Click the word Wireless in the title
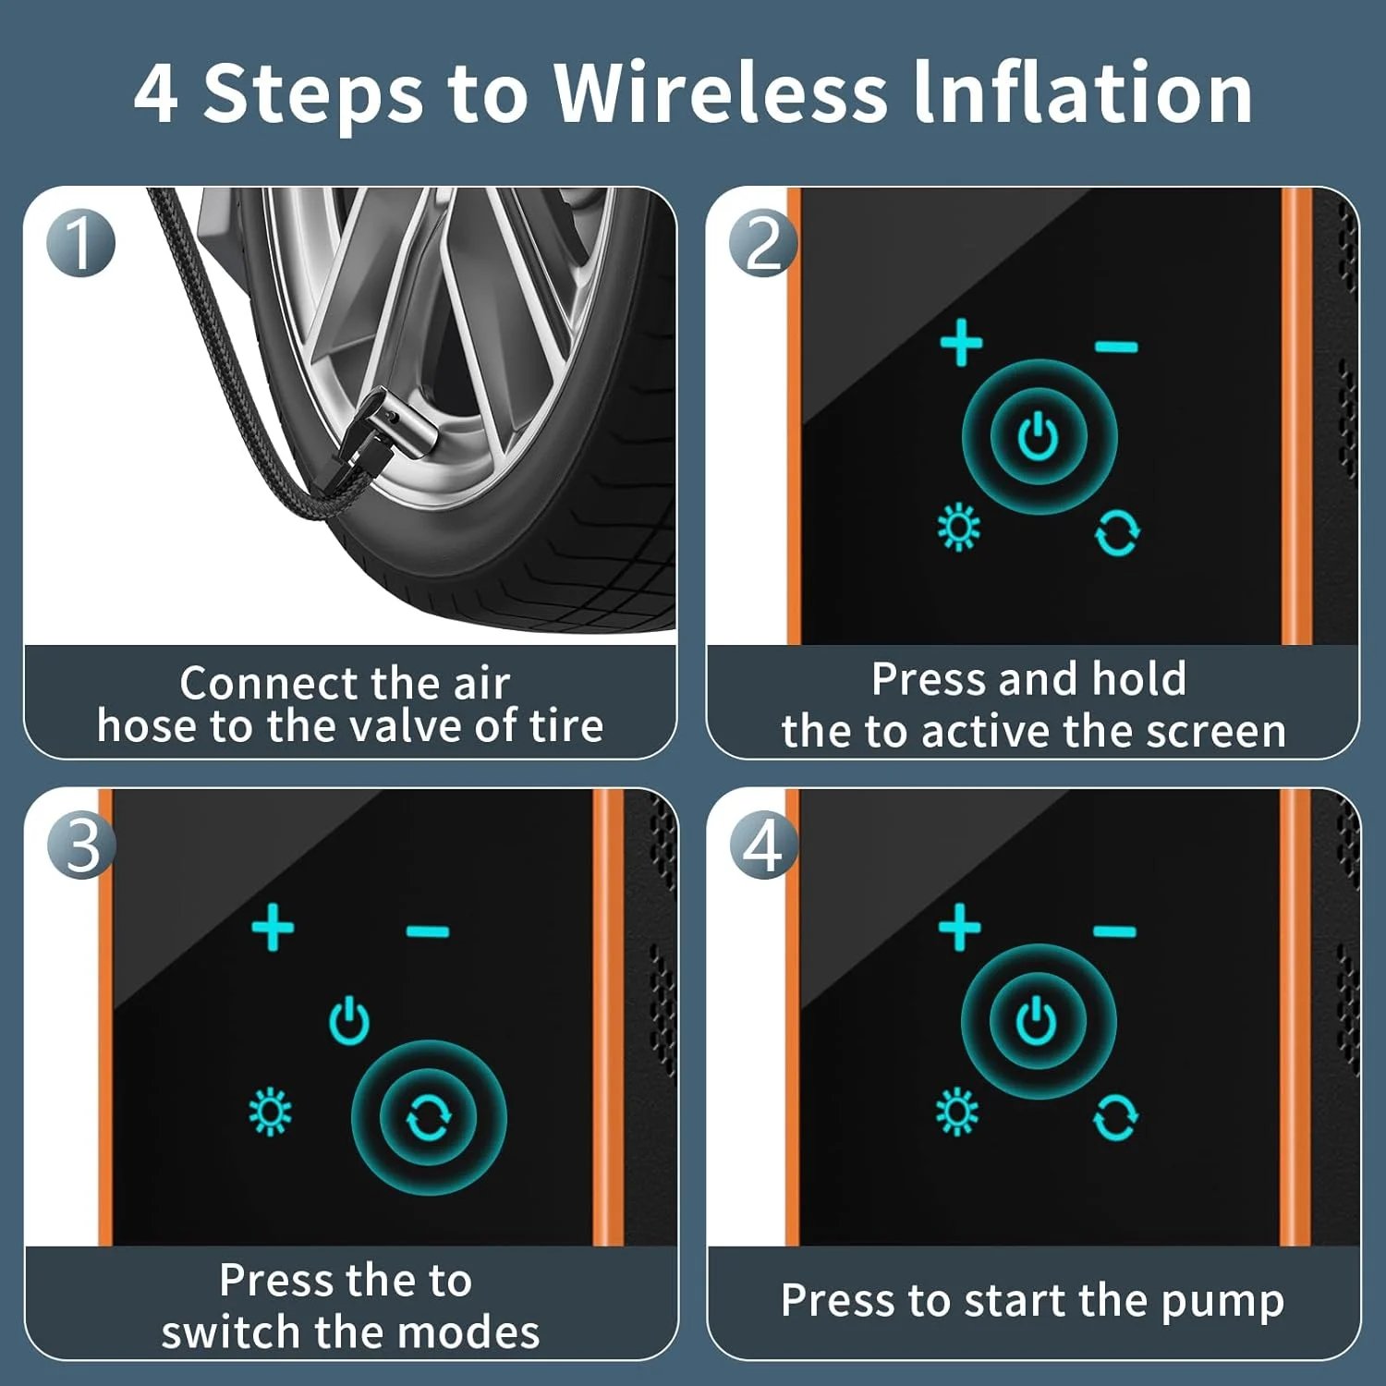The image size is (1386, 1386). [724, 92]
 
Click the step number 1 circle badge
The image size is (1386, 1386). [81, 243]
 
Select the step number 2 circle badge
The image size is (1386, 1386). [763, 243]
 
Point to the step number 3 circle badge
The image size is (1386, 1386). [82, 845]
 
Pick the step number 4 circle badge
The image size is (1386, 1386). [764, 845]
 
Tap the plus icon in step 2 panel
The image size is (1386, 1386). [961, 343]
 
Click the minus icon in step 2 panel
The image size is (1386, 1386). [1116, 347]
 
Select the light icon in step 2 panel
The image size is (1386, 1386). [959, 528]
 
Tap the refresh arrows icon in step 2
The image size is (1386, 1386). [1117, 533]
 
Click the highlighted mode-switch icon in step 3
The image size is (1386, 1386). [429, 1118]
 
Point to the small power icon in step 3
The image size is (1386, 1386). [349, 1020]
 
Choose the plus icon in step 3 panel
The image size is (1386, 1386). [274, 927]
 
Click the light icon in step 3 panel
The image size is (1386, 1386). [271, 1112]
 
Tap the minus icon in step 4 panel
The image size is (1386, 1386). [1114, 931]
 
